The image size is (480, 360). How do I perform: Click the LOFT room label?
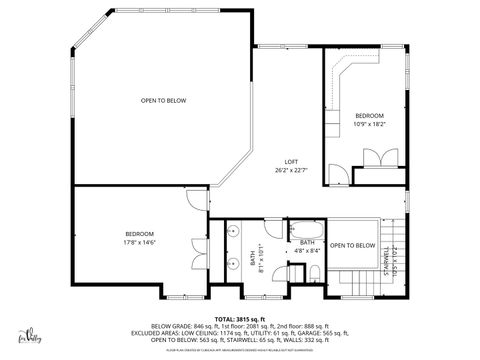click(291, 162)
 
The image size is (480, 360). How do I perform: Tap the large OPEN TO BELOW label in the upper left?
click(163, 100)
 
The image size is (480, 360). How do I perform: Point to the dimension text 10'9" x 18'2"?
click(369, 124)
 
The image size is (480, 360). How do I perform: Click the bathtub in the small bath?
click(304, 229)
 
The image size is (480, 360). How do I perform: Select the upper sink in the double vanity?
click(231, 232)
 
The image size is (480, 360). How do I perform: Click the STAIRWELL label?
click(386, 257)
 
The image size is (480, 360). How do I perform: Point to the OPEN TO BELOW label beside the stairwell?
click(353, 245)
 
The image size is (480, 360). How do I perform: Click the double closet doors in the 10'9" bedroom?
click(376, 158)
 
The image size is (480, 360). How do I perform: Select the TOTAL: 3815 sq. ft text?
click(240, 318)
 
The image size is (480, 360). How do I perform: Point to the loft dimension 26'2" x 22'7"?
click(291, 170)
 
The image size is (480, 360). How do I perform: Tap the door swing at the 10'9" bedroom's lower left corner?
click(338, 176)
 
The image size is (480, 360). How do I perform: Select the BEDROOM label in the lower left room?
click(139, 233)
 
